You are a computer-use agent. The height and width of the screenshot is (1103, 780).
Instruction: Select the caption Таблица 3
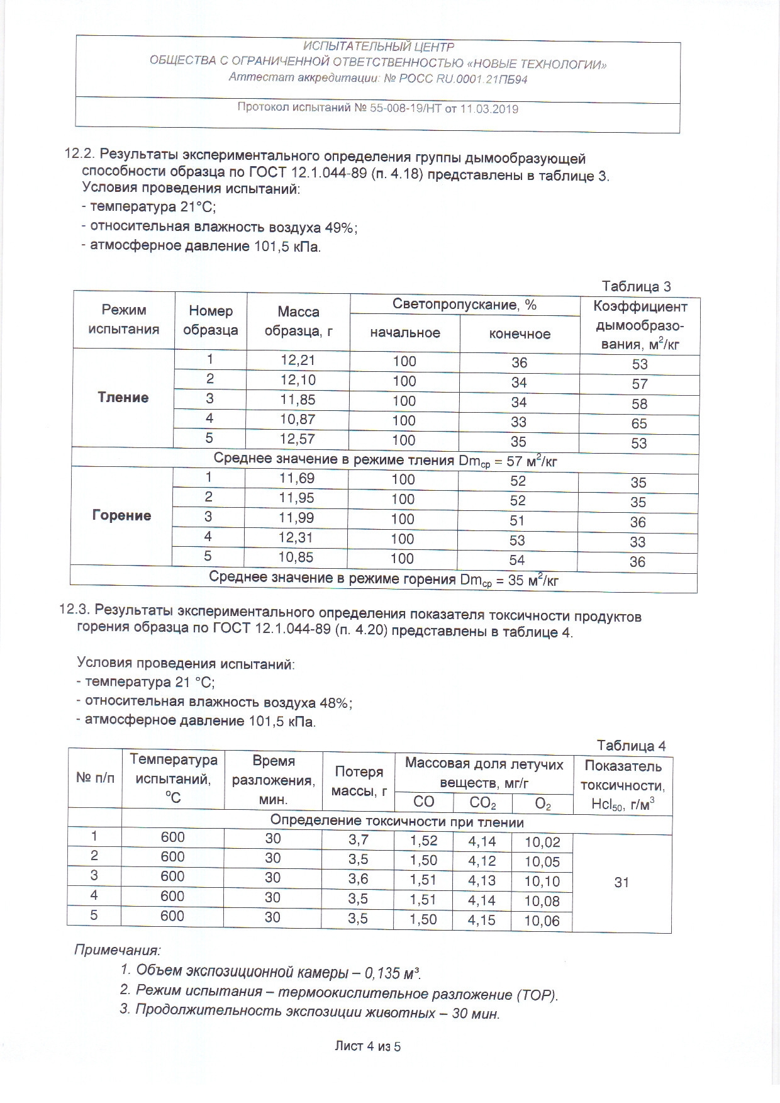[636, 287]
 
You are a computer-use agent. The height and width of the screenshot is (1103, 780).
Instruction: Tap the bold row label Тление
[123, 397]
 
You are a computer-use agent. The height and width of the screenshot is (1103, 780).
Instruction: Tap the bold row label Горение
[121, 515]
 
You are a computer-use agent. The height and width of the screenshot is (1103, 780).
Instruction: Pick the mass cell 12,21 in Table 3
[298, 360]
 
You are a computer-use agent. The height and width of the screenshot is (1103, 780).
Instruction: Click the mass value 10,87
[297, 419]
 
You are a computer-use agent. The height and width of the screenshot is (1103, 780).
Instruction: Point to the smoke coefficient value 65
[639, 423]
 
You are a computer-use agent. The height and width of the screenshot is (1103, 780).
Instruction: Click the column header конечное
[520, 334]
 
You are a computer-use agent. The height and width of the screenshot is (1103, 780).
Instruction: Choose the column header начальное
[405, 333]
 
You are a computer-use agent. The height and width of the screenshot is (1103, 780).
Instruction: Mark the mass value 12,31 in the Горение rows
[296, 537]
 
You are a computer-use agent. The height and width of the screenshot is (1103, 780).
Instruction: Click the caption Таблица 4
[631, 746]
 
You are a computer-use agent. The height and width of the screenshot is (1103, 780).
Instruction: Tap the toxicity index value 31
[621, 882]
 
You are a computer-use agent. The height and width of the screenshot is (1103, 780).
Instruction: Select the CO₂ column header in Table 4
[482, 802]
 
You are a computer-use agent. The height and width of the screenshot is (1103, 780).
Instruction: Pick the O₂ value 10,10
[542, 881]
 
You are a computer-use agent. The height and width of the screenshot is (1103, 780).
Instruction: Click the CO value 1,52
[423, 841]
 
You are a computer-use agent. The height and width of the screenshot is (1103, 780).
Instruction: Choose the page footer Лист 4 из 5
[368, 1046]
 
